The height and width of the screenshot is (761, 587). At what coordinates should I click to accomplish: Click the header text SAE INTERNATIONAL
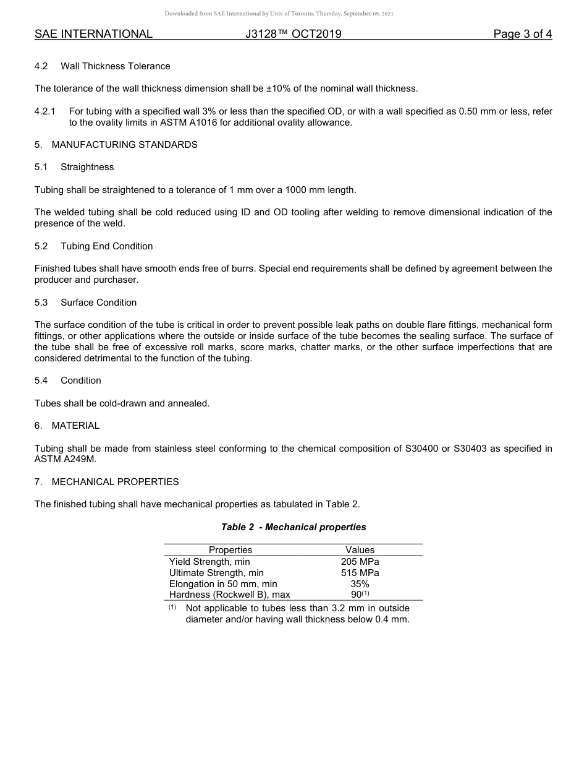[x=93, y=34]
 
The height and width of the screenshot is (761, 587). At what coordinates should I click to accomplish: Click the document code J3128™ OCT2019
[x=293, y=34]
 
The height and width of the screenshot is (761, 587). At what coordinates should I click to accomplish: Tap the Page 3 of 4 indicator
[x=522, y=34]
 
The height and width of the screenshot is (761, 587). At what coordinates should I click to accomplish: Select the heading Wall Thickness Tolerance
[x=115, y=66]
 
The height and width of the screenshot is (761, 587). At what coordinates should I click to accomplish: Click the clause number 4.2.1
[x=45, y=111]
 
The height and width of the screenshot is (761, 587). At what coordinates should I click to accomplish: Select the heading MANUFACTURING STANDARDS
[x=124, y=145]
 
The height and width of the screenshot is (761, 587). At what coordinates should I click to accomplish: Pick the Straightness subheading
[x=87, y=167]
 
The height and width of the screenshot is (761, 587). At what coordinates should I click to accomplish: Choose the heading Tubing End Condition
[x=106, y=246]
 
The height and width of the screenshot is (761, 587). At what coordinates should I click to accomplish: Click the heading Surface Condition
[x=98, y=303]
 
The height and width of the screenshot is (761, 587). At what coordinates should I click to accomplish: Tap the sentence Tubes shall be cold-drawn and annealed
[x=122, y=403]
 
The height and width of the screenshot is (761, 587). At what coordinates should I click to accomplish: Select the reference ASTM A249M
[x=65, y=460]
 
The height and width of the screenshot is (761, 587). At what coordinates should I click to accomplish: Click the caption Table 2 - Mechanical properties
[x=293, y=527]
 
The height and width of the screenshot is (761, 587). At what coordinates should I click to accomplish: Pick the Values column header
[x=360, y=550]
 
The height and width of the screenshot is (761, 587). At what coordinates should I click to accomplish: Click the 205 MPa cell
[x=360, y=562]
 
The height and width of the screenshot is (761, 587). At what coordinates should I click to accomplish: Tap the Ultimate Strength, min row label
[x=216, y=573]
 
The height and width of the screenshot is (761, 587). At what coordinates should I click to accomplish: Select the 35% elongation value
[x=360, y=584]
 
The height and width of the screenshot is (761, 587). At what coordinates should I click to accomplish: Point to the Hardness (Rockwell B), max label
[x=229, y=595]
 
